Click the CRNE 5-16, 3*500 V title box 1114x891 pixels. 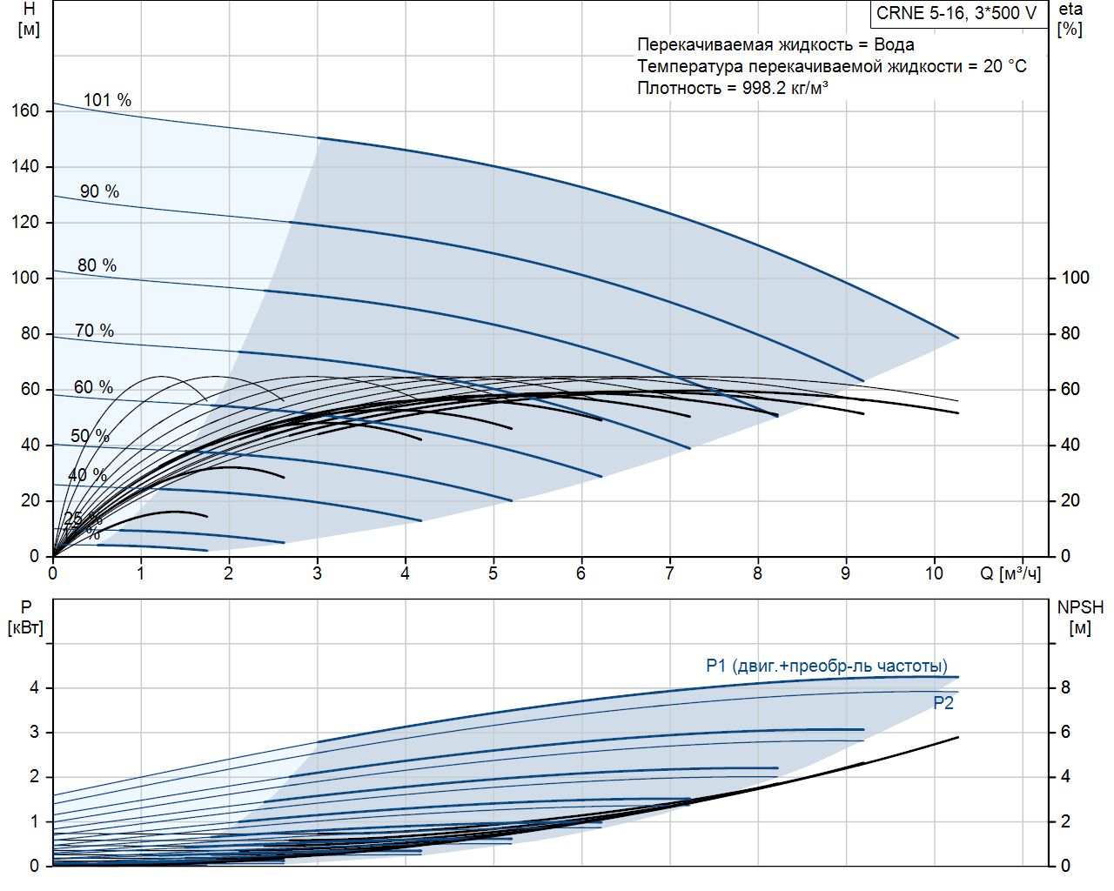pos(956,13)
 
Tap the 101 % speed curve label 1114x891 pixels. pos(107,100)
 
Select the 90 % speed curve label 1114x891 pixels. pos(99,191)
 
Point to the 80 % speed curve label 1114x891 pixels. pos(97,265)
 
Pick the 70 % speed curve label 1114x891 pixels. pos(94,331)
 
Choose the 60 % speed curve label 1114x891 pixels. pos(93,387)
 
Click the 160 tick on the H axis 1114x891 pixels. pos(26,111)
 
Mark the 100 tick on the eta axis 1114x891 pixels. pos(1075,278)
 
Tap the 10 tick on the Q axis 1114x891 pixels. pos(934,573)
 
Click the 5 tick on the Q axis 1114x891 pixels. pos(493,573)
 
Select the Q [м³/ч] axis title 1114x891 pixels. pos(1010,573)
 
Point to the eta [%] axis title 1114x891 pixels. pos(1070,18)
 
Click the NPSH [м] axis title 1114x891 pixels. pos(1080,617)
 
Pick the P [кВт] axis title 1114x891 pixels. pos(25,617)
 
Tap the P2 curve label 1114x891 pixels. pos(943,703)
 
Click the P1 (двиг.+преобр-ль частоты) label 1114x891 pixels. pos(826,666)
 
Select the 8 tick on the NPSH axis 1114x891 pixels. pos(1065,687)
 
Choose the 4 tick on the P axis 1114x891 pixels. pos(35,687)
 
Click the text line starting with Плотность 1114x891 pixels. pos(732,88)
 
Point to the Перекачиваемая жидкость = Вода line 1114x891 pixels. pos(775,44)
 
